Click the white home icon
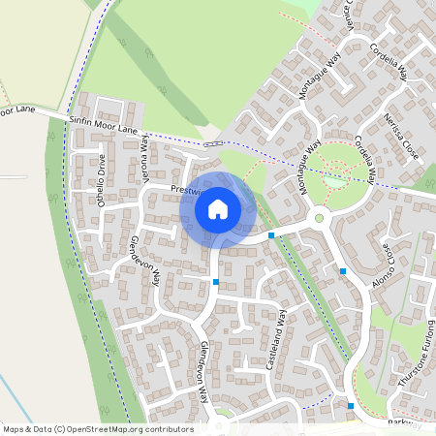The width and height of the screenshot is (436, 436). (218, 208)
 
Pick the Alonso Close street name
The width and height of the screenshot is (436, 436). (382, 265)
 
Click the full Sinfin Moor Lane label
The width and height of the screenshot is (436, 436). (105, 125)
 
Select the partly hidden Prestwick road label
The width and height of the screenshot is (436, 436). (184, 190)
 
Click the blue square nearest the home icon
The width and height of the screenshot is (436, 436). (271, 235)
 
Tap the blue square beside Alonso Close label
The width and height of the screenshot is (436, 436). (343, 271)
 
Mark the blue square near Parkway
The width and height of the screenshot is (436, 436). (351, 406)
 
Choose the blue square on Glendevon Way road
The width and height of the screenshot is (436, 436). (215, 282)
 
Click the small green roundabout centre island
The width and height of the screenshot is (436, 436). (319, 219)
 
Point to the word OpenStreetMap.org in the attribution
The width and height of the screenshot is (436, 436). (106, 429)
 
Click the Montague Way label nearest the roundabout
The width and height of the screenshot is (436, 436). (311, 169)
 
